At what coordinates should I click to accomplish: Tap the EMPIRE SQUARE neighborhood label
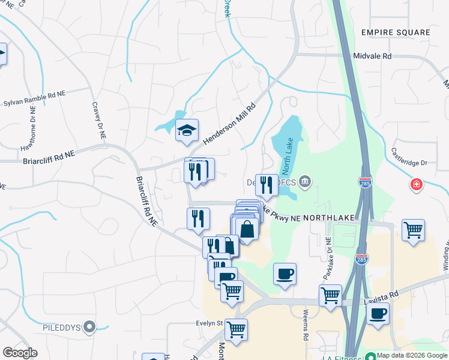pyautogui.click(x=396, y=32)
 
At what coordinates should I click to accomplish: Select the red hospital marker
pyautogui.click(x=415, y=184)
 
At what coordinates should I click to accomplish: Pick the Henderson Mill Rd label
pyautogui.click(x=229, y=122)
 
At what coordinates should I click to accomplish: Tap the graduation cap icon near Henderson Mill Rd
pyautogui.click(x=187, y=130)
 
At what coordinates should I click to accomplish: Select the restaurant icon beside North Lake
pyautogui.click(x=267, y=185)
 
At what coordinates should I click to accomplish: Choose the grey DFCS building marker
pyautogui.click(x=305, y=181)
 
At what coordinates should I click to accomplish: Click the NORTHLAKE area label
pyautogui.click(x=330, y=218)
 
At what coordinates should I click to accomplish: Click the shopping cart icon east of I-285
pyautogui.click(x=413, y=230)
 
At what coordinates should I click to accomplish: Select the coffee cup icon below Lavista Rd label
pyautogui.click(x=378, y=314)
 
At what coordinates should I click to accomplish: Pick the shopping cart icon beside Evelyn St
pyautogui.click(x=236, y=329)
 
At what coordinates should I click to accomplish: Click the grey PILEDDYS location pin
pyautogui.click(x=90, y=327)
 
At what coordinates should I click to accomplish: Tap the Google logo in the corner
pyautogui.click(x=20, y=353)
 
